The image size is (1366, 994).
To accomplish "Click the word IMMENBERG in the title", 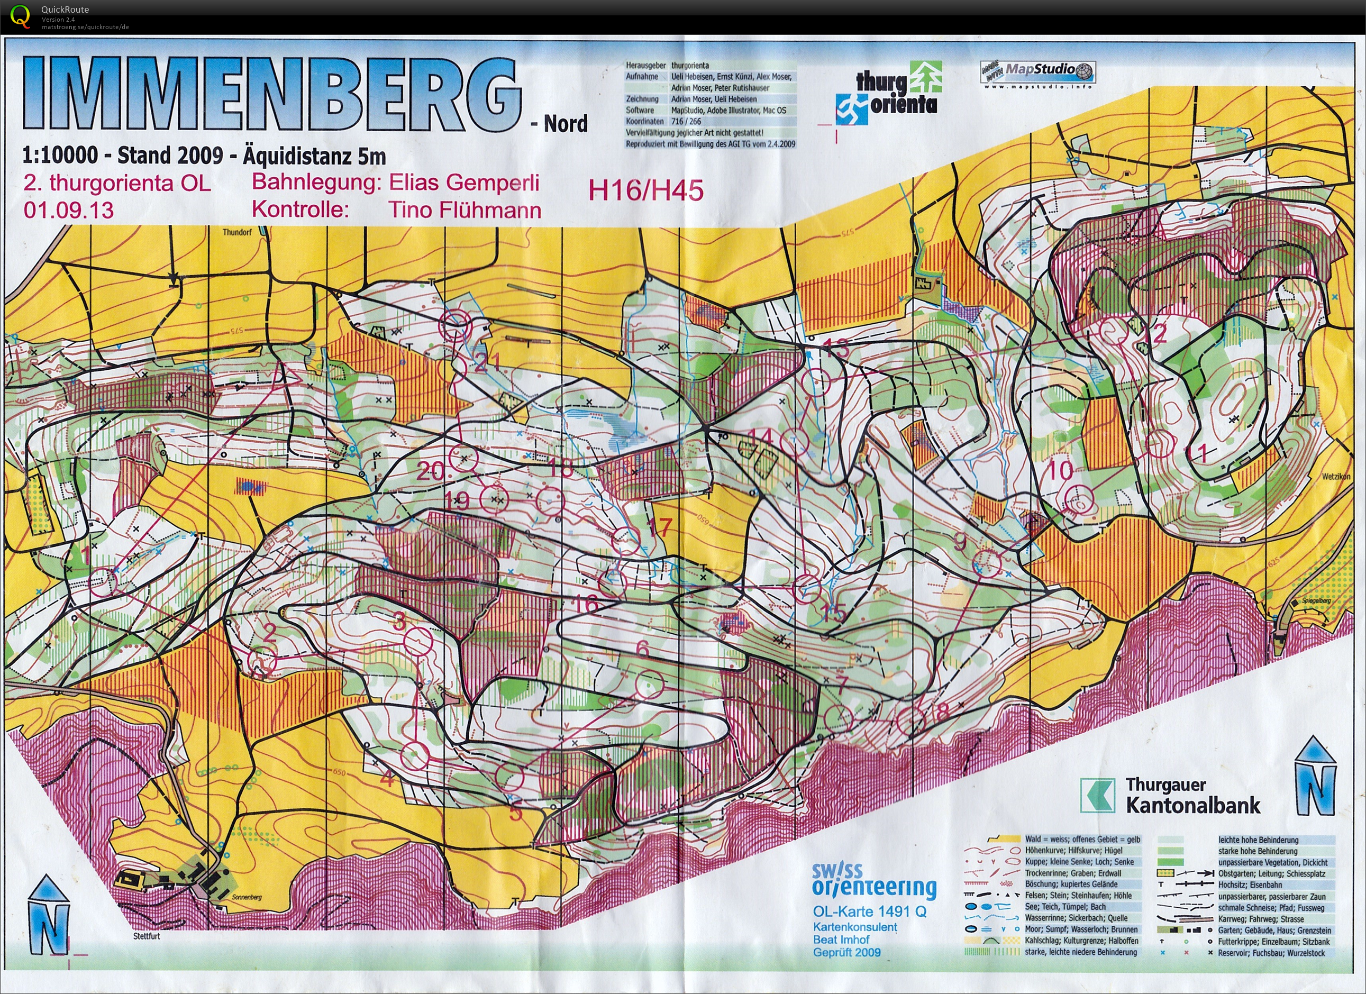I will click(271, 95).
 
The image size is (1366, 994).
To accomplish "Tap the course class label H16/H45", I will click(645, 190).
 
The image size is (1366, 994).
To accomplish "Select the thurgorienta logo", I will click(889, 94).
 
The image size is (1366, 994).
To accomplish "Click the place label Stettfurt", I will click(147, 936).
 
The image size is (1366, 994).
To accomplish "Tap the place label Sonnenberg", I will click(247, 897).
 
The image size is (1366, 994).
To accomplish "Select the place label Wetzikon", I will click(1336, 477).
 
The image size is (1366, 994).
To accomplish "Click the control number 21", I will click(488, 361).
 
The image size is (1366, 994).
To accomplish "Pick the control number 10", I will click(1060, 470).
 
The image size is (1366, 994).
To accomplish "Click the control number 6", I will click(642, 648).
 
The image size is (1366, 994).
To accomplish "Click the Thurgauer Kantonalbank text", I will click(1192, 795).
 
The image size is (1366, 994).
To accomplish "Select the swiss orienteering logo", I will click(874, 880).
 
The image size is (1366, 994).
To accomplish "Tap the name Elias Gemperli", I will click(464, 183).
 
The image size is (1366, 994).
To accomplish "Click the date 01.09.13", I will click(69, 210).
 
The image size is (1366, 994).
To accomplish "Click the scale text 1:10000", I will click(60, 156).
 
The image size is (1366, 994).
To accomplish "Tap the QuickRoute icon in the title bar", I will click(20, 16).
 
